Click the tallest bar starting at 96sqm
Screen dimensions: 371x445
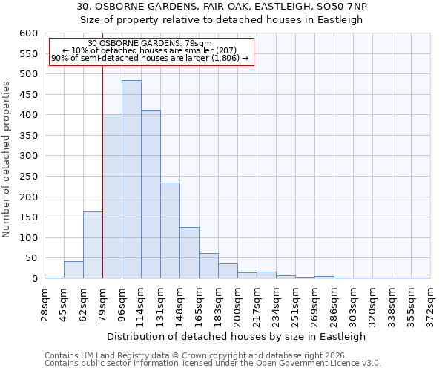tap(131, 180)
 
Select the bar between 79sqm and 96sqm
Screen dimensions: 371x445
tap(112, 197)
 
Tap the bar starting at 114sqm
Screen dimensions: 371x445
tap(151, 194)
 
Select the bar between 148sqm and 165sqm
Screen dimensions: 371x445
tap(189, 253)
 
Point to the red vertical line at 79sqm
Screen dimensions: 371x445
tap(102, 171)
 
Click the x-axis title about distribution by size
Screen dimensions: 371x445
tap(237, 336)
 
